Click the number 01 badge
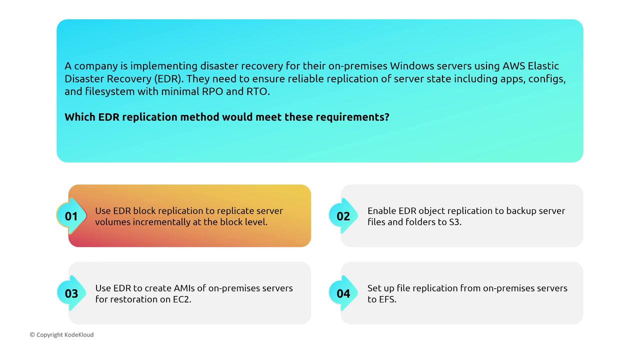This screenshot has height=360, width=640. click(71, 216)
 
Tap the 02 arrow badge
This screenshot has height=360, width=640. click(343, 216)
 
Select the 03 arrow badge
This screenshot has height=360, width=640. click(71, 293)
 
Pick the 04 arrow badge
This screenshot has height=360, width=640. click(343, 293)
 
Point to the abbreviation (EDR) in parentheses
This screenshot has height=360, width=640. click(169, 79)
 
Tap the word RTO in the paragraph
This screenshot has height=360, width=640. click(258, 91)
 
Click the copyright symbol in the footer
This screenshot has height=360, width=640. click(32, 334)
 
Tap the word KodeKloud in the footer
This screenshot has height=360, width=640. click(79, 334)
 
